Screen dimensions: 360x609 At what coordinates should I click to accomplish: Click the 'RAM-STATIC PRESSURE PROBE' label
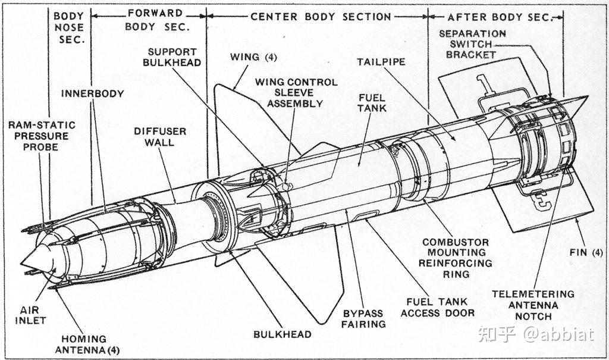point(42,136)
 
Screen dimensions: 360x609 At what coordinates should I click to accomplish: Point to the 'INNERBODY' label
point(92,93)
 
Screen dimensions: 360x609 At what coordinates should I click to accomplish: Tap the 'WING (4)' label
point(253,57)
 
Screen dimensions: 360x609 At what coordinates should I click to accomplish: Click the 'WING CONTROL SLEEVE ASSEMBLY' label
point(302,92)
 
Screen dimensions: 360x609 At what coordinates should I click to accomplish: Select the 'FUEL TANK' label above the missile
point(372,102)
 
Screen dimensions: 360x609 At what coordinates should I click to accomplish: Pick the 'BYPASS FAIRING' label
point(363,318)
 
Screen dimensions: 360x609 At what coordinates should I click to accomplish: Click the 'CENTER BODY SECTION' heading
point(321,17)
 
